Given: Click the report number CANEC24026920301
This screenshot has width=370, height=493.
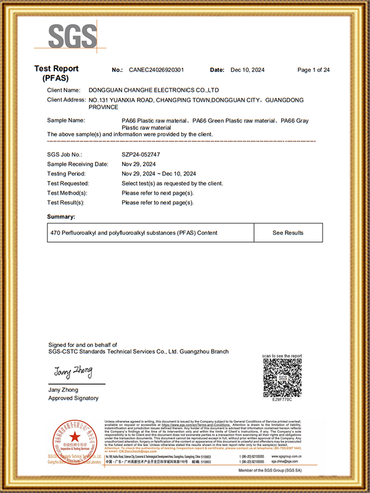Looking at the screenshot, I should [x=156, y=70].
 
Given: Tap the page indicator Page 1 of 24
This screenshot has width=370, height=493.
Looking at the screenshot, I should [x=313, y=70].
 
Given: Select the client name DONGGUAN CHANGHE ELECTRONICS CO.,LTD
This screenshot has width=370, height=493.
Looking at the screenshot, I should [x=154, y=90].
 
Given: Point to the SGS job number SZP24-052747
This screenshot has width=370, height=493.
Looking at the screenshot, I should [x=143, y=155].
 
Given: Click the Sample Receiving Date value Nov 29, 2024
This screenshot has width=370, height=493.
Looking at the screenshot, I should [x=139, y=164].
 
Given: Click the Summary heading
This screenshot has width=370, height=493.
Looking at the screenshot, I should [x=61, y=217].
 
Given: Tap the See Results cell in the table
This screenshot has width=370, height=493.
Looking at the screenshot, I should [x=288, y=233].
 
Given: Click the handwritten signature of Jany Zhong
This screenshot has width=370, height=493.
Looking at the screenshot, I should [x=73, y=372].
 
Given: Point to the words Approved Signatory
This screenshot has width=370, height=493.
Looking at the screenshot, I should [x=73, y=398].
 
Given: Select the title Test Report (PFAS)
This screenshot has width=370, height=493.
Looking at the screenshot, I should [x=56, y=74].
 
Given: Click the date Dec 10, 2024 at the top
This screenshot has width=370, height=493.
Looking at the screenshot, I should [x=247, y=70].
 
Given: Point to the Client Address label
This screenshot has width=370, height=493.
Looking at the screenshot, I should [x=66, y=99].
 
